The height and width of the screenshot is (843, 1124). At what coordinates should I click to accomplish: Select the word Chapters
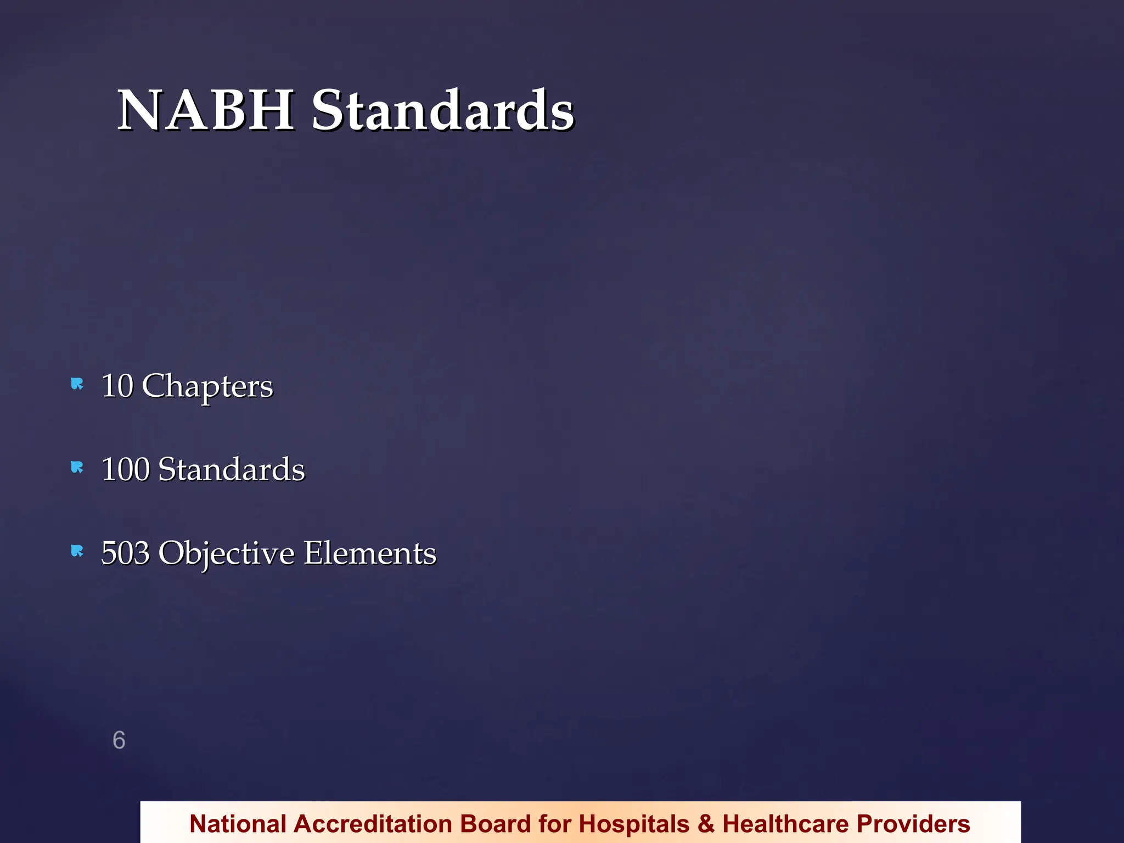[x=207, y=386]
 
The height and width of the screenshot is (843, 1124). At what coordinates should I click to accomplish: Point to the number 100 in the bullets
[x=126, y=469]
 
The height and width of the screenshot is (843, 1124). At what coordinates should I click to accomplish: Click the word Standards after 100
[x=231, y=469]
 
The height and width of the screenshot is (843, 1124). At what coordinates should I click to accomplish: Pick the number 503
[x=126, y=553]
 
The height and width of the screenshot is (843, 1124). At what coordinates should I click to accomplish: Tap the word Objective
[x=226, y=553]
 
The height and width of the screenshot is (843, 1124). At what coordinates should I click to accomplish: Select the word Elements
[x=370, y=553]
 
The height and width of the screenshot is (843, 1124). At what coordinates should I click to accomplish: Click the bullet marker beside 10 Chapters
[x=77, y=384]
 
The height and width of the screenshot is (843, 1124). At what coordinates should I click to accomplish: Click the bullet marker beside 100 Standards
[x=77, y=468]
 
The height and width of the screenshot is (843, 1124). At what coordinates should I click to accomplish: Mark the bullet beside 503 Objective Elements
[x=77, y=551]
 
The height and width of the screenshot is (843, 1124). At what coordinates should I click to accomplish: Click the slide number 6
[x=119, y=740]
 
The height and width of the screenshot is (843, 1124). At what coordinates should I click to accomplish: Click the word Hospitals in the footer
[x=634, y=824]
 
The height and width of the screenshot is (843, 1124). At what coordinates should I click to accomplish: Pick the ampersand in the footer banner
[x=706, y=824]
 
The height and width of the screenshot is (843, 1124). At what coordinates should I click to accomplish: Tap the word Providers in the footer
[x=913, y=824]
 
